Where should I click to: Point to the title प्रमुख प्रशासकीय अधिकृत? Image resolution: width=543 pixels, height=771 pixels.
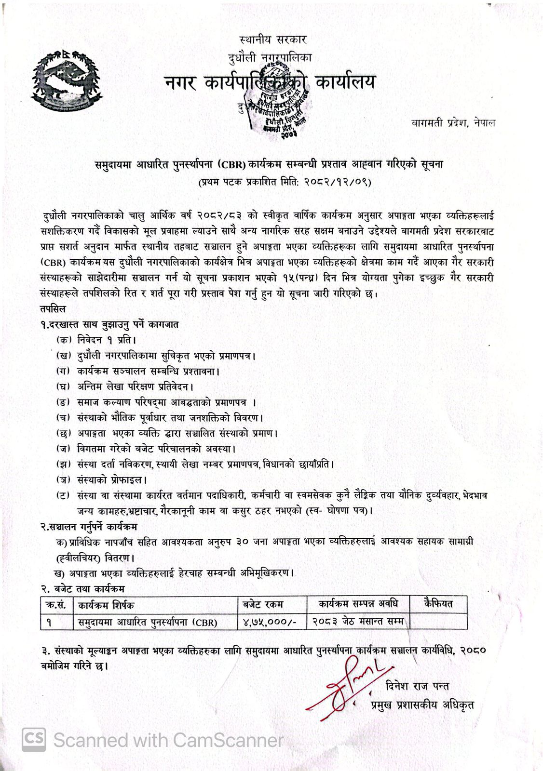coord(422,705)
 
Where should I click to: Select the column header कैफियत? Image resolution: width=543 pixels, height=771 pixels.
coord(438,603)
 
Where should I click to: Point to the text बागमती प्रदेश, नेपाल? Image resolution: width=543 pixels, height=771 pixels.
coord(453,123)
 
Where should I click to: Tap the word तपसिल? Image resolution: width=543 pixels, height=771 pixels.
coord(54,308)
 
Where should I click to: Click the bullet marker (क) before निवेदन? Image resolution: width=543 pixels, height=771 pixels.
coord(63,340)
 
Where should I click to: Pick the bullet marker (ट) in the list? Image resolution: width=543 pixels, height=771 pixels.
coord(63,495)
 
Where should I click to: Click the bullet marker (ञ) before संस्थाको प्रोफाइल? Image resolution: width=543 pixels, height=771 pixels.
coord(63,480)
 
